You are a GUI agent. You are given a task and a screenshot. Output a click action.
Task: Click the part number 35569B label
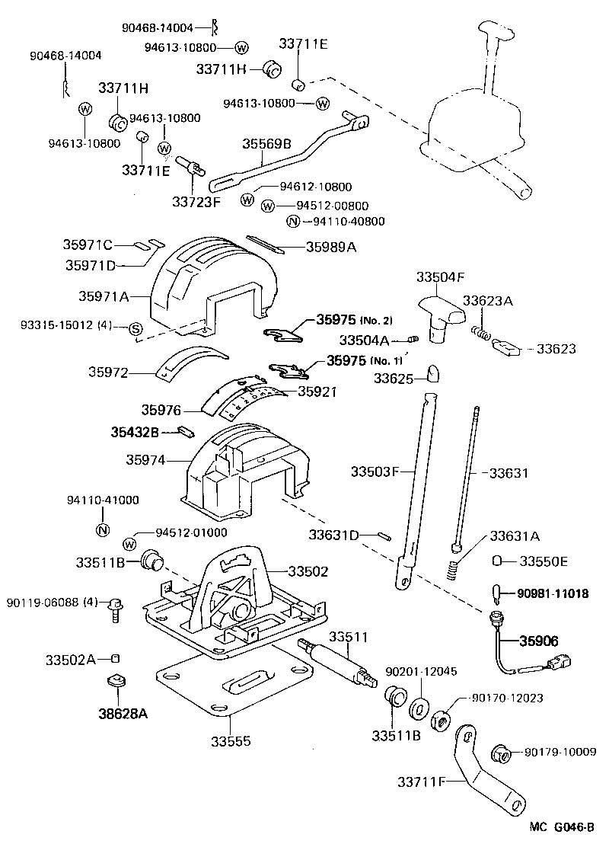[x=266, y=143]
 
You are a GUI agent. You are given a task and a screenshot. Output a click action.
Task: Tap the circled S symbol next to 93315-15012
[x=134, y=328]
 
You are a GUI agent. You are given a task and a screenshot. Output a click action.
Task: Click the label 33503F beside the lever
[x=375, y=472]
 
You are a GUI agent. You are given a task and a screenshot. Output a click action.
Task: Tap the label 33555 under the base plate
[x=231, y=740]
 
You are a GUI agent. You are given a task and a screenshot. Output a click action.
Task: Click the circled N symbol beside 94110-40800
[x=292, y=222]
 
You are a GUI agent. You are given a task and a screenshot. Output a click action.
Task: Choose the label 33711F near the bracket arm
[x=422, y=781]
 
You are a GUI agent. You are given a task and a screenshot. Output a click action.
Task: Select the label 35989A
[x=332, y=247]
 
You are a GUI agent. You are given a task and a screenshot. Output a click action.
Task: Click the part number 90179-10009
[x=560, y=753]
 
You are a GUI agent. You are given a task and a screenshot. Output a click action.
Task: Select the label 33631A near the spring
[x=515, y=535]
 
